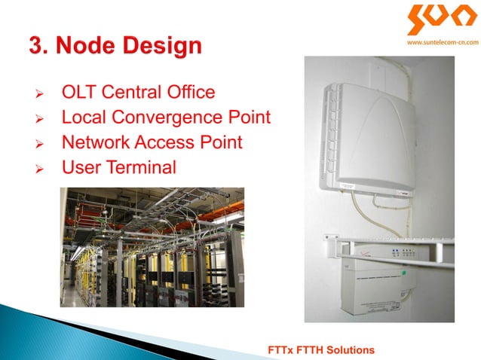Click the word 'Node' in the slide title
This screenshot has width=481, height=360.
tap(90, 46)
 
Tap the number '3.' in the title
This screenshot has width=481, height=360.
tap(40, 46)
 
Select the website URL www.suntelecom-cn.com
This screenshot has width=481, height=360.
tap(437, 43)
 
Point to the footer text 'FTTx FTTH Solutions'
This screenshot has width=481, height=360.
tap(322, 351)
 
